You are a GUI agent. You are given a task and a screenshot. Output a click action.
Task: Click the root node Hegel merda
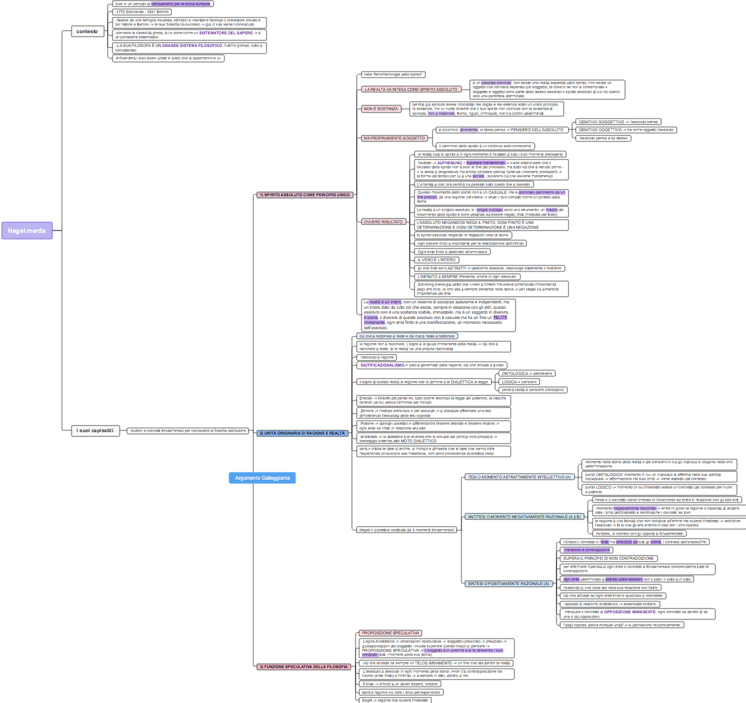point(26,231)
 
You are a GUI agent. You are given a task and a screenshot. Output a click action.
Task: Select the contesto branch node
point(87,31)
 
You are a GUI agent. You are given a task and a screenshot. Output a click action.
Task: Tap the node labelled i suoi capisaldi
point(95,430)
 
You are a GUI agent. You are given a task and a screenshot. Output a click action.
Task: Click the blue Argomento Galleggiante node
point(262,478)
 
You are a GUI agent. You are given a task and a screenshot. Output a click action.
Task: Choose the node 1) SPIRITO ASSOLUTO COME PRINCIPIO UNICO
point(304,195)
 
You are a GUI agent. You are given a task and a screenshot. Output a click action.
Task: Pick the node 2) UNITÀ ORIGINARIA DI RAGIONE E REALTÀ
point(302,433)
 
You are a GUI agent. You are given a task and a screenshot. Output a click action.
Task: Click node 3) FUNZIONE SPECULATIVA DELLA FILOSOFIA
point(304,667)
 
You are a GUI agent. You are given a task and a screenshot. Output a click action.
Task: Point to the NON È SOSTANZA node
point(381,109)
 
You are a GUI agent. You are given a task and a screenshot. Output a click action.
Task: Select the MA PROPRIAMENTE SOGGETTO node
point(394,138)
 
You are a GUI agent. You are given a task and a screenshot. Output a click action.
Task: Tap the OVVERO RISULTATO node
point(383,222)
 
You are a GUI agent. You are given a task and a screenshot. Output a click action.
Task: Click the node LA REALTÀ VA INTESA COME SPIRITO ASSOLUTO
point(411,90)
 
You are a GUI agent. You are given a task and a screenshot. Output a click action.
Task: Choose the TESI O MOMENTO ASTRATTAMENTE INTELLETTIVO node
point(519,477)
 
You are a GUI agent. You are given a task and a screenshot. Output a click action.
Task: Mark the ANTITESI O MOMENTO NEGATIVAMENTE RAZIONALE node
point(524,517)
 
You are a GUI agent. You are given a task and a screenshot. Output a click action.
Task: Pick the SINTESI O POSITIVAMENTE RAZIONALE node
point(508,584)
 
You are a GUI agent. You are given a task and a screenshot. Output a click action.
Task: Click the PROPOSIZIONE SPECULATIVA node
point(390,633)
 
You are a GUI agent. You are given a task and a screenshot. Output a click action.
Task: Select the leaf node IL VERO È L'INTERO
point(437,260)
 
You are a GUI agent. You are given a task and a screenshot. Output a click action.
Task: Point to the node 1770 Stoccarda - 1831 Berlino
point(142,12)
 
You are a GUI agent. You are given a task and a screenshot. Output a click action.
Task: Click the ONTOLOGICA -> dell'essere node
point(527,374)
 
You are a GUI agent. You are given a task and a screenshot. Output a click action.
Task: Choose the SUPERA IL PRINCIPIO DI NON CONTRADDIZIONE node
point(608,559)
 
